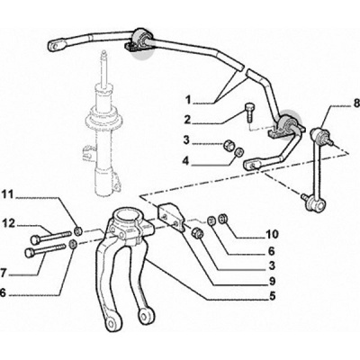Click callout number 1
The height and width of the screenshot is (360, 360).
click(x=188, y=100)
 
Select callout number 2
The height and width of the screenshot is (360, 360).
click(x=187, y=120)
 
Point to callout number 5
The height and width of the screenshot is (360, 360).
click(x=272, y=296)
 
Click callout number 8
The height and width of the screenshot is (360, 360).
click(x=355, y=104)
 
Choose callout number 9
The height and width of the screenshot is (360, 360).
click(x=273, y=281)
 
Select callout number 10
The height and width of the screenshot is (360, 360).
click(x=273, y=234)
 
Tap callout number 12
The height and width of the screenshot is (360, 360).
click(x=8, y=223)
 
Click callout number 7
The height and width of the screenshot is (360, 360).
click(x=3, y=274)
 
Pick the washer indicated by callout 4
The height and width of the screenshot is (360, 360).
click(x=238, y=152)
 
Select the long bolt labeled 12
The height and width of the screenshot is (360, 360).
click(x=51, y=237)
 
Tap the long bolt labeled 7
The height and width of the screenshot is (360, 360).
click(x=45, y=250)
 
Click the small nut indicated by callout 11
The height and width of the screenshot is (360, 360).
click(x=78, y=230)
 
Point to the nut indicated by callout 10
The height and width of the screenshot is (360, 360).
click(x=223, y=219)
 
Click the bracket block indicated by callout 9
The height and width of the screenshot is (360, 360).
click(x=171, y=217)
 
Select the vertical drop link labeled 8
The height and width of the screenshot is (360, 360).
click(x=317, y=168)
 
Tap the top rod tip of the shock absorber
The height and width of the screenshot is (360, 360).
click(x=104, y=54)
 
